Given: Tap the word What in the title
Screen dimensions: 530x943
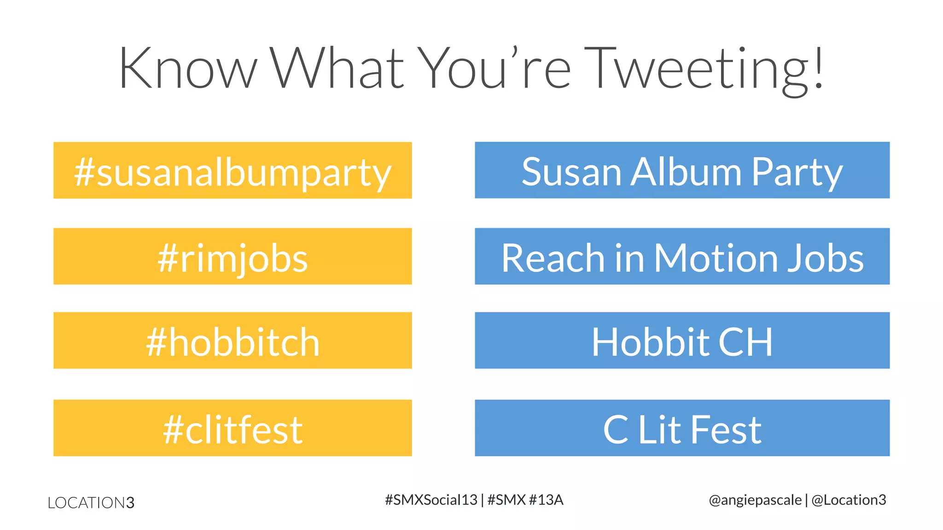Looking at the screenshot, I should click(x=337, y=68).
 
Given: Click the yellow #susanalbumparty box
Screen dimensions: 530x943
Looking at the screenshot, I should click(x=233, y=171).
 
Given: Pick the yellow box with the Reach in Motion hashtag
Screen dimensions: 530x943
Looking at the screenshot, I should click(x=233, y=256).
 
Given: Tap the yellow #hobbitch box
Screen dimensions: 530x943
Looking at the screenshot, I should click(x=233, y=340).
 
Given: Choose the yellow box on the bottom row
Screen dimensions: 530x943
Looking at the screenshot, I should click(x=233, y=428).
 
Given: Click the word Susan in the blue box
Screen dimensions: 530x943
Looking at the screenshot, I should click(x=571, y=172).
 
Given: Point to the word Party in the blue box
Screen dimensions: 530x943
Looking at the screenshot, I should click(x=797, y=173).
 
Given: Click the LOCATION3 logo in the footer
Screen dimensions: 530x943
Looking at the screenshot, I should click(x=91, y=502).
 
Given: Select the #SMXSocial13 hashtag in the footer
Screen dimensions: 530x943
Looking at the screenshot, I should click(x=431, y=500).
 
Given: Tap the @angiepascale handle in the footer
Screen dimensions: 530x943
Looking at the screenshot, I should click(x=755, y=500).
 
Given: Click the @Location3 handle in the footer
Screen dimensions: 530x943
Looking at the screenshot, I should click(x=849, y=500).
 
